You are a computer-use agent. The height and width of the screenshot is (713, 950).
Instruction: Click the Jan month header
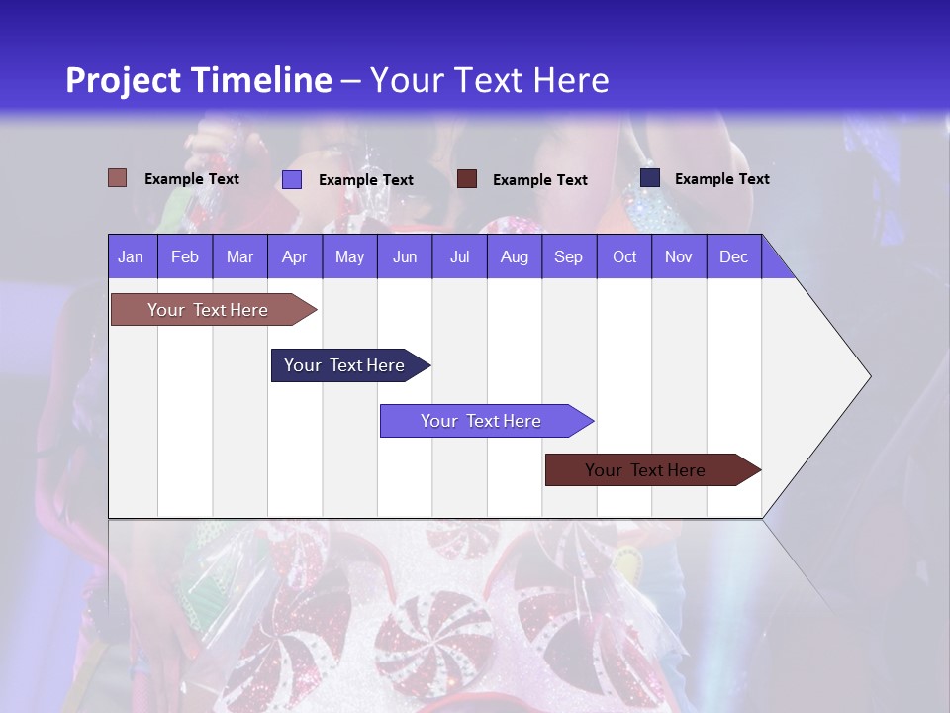click(x=131, y=256)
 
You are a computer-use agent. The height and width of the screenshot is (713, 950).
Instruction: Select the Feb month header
click(x=185, y=256)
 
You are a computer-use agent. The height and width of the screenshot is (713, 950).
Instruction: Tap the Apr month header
click(x=294, y=256)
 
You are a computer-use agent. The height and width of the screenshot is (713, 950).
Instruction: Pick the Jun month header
click(x=404, y=256)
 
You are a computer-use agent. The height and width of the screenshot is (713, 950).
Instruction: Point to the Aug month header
click(x=514, y=256)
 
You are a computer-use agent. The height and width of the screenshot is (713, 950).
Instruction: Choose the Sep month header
click(x=568, y=256)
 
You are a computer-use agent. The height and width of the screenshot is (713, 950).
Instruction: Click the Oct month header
click(x=624, y=256)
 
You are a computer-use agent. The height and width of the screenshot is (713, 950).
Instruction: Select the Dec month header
click(x=733, y=256)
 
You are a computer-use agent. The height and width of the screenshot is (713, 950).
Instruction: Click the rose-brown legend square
click(x=118, y=178)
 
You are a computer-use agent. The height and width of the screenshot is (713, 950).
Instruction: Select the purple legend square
click(x=292, y=179)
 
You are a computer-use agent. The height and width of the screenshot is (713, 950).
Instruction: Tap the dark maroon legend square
click(x=467, y=179)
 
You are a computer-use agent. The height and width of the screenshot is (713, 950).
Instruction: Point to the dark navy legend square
click(x=650, y=178)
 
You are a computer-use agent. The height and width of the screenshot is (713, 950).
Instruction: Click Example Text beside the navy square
click(x=721, y=179)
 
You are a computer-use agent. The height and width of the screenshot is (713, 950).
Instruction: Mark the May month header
click(x=349, y=256)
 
